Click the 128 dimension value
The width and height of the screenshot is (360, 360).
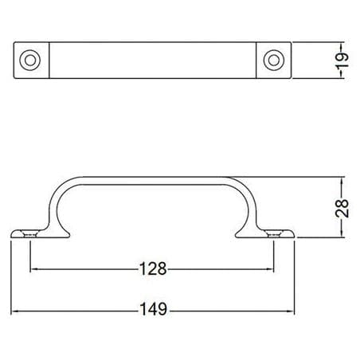pyautogui.click(x=153, y=268)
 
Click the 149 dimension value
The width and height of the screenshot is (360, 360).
pyautogui.click(x=154, y=309)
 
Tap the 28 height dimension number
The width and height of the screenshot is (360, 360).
pyautogui.click(x=342, y=208)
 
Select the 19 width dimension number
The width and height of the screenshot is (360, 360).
pyautogui.click(x=342, y=61)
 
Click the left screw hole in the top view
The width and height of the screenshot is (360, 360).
pyautogui.click(x=30, y=61)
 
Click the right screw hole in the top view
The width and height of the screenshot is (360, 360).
pyautogui.click(x=274, y=61)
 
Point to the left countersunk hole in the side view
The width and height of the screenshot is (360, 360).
pyautogui.click(x=30, y=234)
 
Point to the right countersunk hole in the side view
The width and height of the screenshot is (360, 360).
pyautogui.click(x=274, y=234)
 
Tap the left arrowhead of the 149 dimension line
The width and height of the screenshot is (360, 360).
pyautogui.click(x=14, y=311)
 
